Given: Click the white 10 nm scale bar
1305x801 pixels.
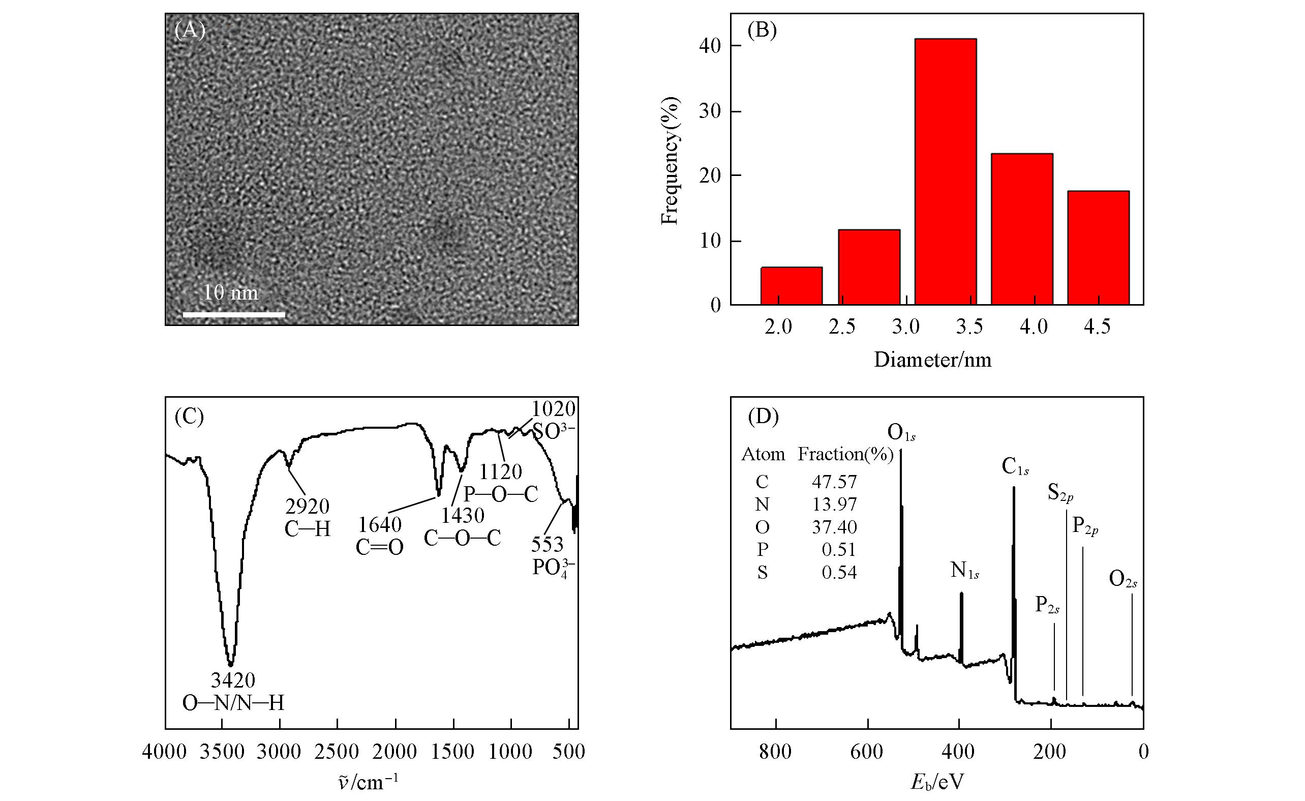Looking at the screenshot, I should tap(233, 315).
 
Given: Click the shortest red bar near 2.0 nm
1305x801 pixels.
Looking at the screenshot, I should tap(791, 286).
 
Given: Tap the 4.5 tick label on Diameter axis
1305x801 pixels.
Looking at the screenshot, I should tap(1097, 327).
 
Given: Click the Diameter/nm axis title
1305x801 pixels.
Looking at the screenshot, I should tap(932, 360).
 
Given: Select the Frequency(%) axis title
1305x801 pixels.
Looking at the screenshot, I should tap(670, 161).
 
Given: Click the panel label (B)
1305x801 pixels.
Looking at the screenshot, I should tap(762, 31).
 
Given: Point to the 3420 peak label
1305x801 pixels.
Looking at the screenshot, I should tap(233, 679).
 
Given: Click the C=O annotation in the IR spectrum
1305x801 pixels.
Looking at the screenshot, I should tap(379, 547).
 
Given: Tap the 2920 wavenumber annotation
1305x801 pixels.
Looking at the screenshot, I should tap(307, 507).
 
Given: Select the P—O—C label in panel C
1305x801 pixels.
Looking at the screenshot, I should tap(501, 494).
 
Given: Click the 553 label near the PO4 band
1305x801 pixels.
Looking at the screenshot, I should tap(548, 544).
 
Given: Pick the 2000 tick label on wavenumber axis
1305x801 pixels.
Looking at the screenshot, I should tap(396, 752).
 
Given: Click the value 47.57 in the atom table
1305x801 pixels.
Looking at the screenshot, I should tap(834, 482).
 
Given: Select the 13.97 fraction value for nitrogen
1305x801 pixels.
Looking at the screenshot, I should tap(834, 504).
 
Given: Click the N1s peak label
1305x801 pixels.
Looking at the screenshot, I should tap(964, 571).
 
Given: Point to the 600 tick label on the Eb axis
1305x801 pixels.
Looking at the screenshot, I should tap(867, 752).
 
